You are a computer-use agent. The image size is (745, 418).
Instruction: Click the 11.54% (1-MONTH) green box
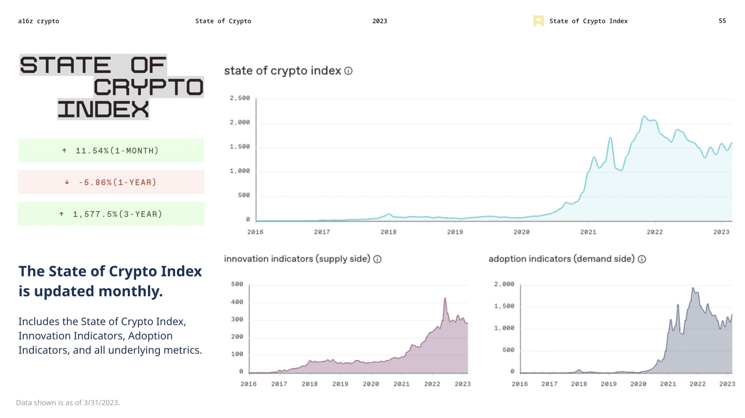click(x=111, y=150)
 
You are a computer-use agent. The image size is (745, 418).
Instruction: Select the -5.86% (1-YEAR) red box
click(x=111, y=182)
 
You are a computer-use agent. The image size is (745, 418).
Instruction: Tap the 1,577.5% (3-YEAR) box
click(x=111, y=214)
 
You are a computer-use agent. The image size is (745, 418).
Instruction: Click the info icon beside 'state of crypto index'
click(x=348, y=71)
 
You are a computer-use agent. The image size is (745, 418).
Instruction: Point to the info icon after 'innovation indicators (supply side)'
click(x=377, y=259)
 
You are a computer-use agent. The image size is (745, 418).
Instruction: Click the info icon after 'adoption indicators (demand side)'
click(x=642, y=259)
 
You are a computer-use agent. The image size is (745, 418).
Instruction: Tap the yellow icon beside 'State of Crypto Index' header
click(x=538, y=21)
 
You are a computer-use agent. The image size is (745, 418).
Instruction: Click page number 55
click(x=722, y=21)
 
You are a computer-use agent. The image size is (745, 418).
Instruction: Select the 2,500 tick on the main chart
click(x=240, y=98)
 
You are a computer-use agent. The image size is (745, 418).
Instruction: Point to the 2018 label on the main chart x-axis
click(x=388, y=232)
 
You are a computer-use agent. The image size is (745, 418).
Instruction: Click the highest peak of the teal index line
click(x=644, y=116)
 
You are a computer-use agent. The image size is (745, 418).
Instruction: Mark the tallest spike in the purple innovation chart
click(x=445, y=298)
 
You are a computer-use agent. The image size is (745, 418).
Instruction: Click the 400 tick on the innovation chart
click(x=237, y=302)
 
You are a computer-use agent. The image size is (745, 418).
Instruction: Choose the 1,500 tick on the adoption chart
click(x=504, y=306)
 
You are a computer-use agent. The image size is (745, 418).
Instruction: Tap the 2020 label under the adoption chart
click(x=638, y=384)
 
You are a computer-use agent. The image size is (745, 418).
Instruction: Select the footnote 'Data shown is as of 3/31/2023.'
click(x=68, y=403)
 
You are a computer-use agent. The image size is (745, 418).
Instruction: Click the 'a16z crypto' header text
click(x=38, y=21)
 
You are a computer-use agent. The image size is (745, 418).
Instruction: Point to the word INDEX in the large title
click(x=103, y=109)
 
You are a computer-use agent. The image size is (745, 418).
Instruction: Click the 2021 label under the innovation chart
click(x=401, y=384)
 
